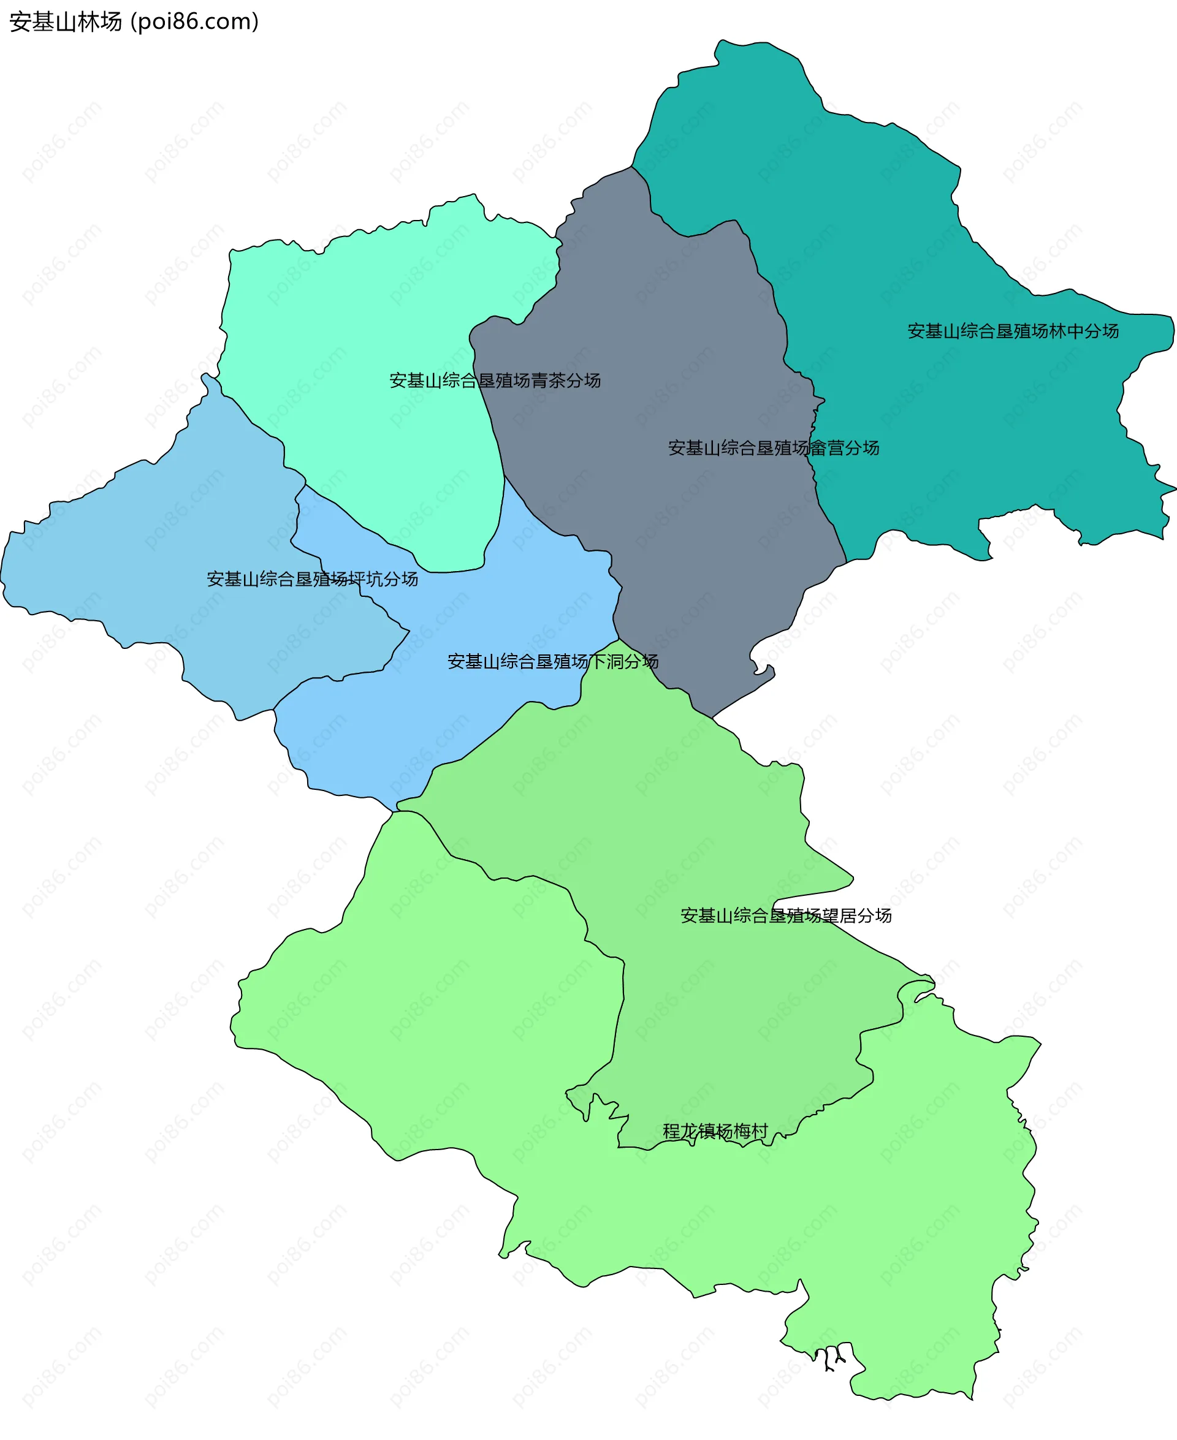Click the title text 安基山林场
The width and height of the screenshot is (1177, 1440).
tap(65, 21)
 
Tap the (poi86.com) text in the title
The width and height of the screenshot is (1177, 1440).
tap(196, 21)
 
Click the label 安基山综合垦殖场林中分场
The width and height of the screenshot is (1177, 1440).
tap(1013, 331)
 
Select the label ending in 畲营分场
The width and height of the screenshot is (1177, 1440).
tap(774, 448)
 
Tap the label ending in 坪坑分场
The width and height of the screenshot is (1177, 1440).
tap(312, 578)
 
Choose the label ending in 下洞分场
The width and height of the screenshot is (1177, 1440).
tap(552, 661)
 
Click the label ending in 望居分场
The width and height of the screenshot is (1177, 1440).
tap(786, 915)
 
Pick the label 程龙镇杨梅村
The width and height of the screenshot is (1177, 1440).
tap(715, 1131)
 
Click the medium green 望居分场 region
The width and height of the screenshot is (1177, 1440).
tap(678, 813)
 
